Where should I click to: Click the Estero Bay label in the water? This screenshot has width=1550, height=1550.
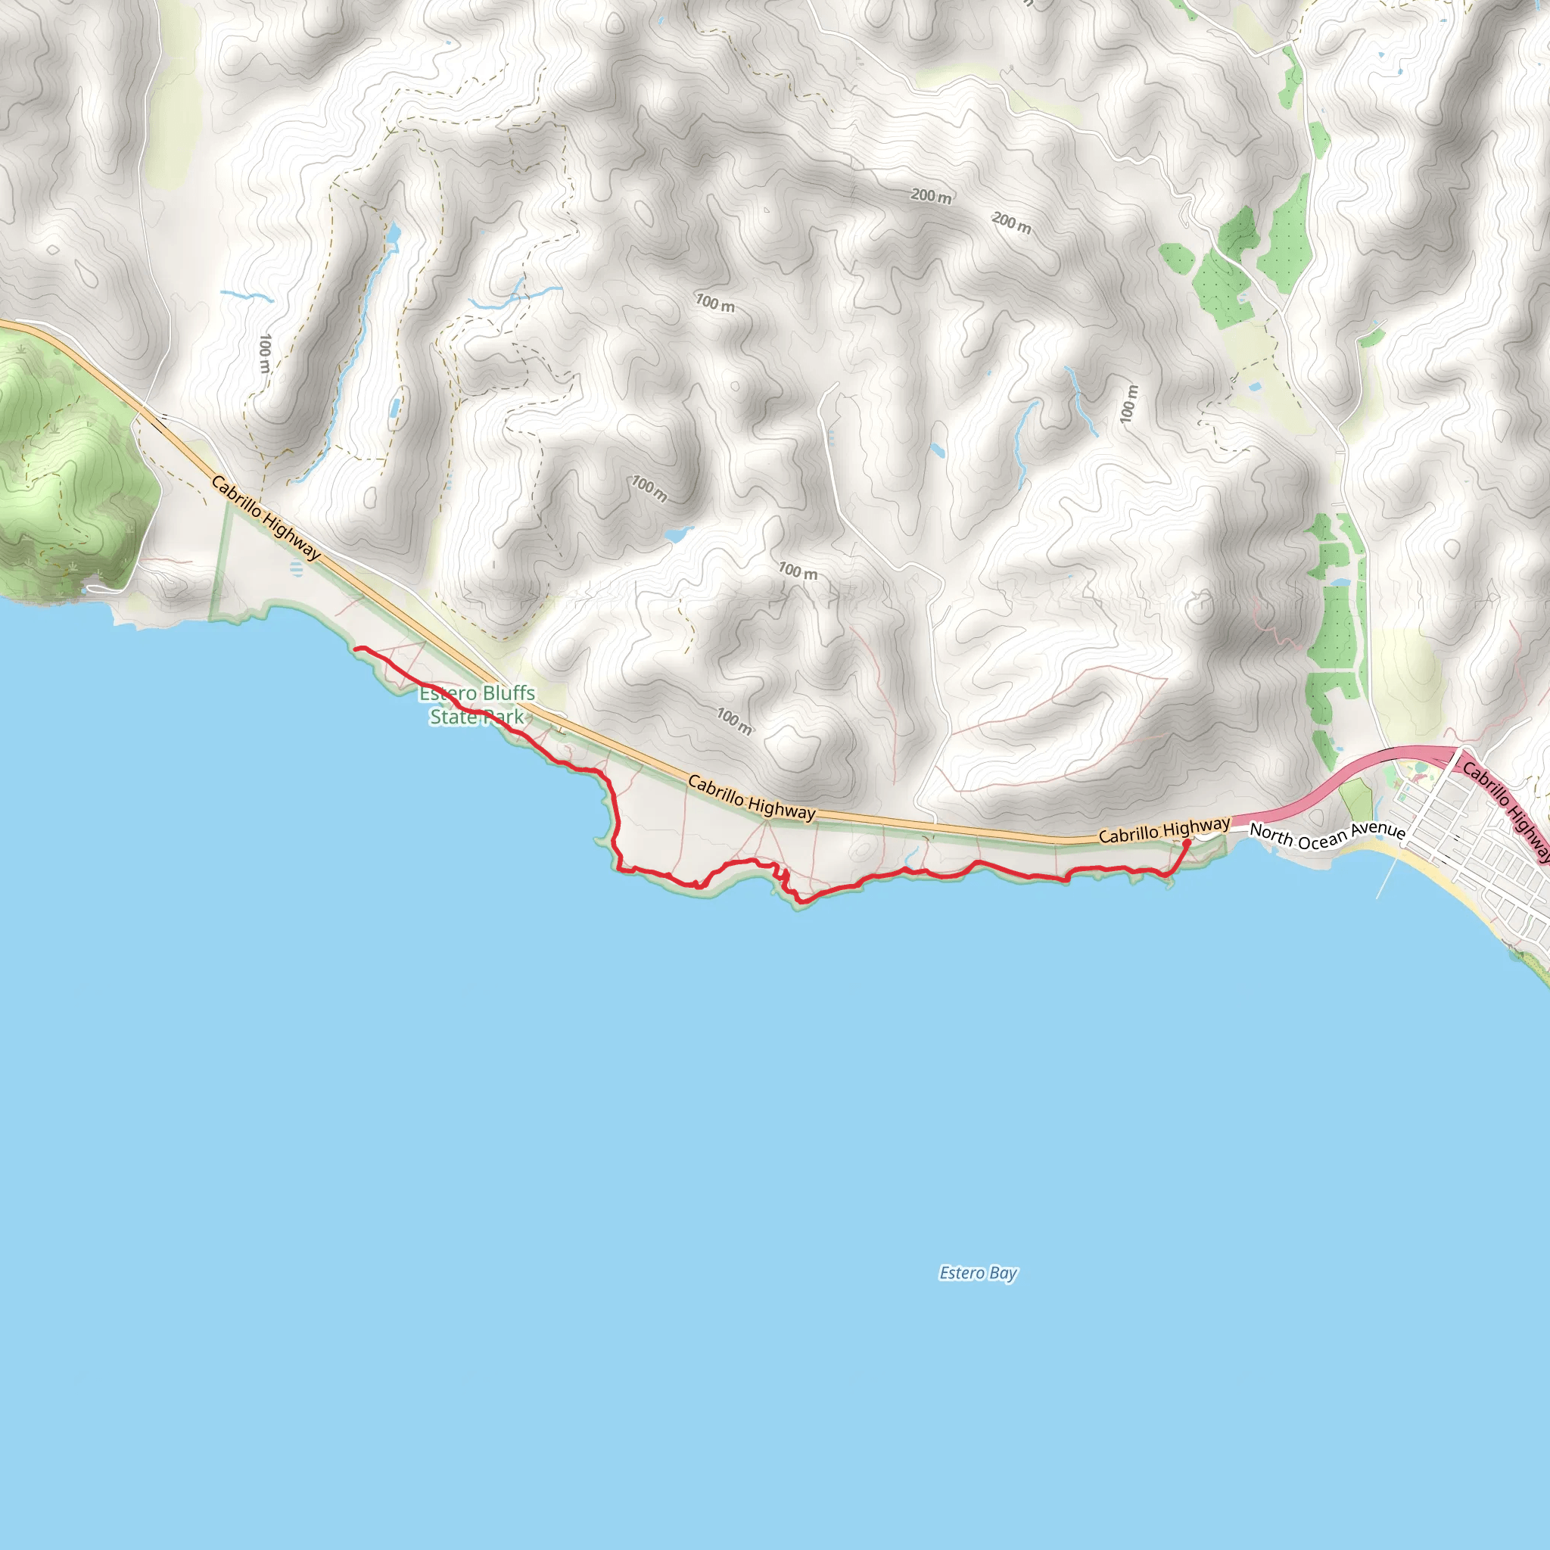[978, 1273]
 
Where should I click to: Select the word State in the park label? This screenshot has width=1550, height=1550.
[453, 717]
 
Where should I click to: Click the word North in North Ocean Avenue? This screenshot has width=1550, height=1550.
[1271, 834]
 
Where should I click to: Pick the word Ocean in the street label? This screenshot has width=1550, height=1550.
[1321, 839]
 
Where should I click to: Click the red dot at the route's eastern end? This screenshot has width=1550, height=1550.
[1187, 842]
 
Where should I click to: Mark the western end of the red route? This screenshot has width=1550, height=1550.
[356, 649]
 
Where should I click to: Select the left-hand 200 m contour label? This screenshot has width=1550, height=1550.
[931, 196]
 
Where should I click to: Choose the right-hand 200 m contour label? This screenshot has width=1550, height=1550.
[1012, 223]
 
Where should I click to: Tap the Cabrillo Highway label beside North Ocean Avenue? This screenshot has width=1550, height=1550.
[1163, 830]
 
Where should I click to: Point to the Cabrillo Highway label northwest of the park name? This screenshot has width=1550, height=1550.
[266, 518]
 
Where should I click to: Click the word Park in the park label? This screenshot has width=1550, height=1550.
[503, 717]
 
